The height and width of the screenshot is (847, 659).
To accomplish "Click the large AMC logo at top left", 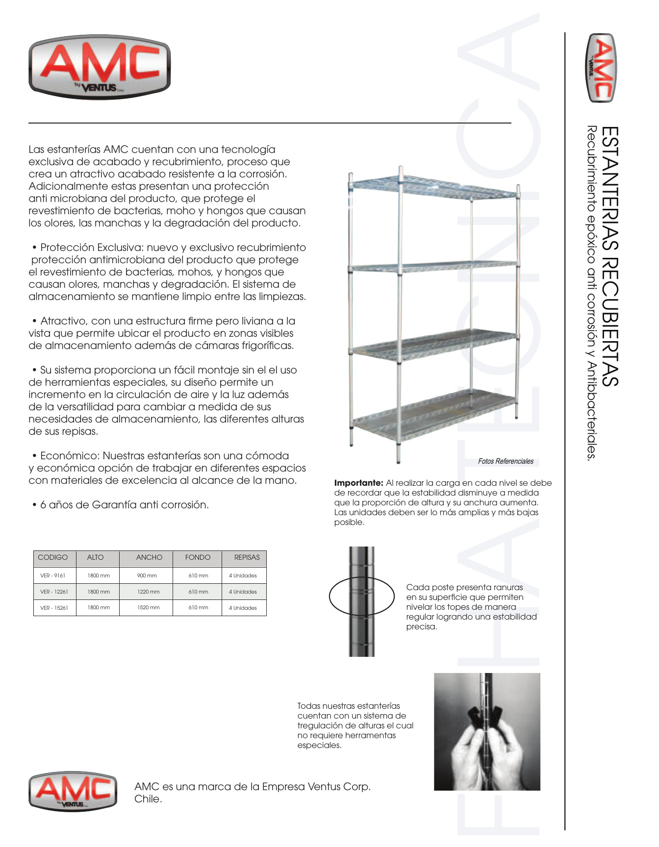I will click(x=100, y=68).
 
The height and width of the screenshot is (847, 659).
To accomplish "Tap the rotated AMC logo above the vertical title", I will click(x=602, y=68).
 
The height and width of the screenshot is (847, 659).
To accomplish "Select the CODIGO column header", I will click(x=52, y=557).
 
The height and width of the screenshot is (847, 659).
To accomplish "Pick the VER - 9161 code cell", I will click(x=52, y=575).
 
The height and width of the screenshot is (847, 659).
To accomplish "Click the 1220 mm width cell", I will click(x=148, y=592).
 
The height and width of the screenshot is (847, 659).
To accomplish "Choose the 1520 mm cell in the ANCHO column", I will click(x=148, y=608).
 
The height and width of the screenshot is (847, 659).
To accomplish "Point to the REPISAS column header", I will click(x=247, y=557).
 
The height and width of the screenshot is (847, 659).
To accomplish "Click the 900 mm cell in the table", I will click(x=147, y=575).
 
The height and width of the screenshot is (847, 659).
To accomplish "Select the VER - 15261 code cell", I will click(x=54, y=608).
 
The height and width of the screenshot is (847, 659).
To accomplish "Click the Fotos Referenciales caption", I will click(x=506, y=461).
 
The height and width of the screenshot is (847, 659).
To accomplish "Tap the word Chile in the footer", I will click(x=148, y=799).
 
